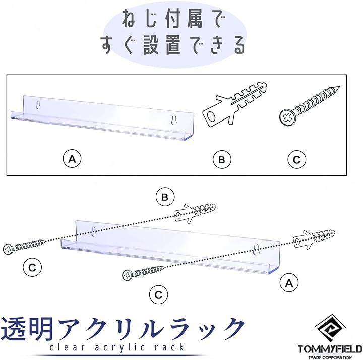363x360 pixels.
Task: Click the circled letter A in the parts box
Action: pos(72,159)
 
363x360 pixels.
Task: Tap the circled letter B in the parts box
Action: pos(222,159)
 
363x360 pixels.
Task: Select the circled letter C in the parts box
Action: pos(296,159)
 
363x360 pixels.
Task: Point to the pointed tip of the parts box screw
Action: pos(339,87)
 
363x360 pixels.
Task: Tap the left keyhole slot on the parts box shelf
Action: pos(38,105)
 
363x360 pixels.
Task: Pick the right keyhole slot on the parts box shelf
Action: pos(174,120)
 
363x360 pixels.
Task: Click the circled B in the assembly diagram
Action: pos(165,197)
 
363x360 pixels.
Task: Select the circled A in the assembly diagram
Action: pos(289,283)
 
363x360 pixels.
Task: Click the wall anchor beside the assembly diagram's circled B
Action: pos(195,213)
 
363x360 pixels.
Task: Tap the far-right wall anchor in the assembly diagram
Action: pos(314,239)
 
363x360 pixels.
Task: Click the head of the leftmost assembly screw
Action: pos(9,249)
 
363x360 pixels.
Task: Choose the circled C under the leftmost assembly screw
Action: pos(32,268)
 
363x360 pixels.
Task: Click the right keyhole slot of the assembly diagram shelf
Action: pos(256,250)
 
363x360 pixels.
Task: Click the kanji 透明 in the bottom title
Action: pos(27,329)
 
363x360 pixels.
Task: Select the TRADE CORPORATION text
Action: pos(330,357)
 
